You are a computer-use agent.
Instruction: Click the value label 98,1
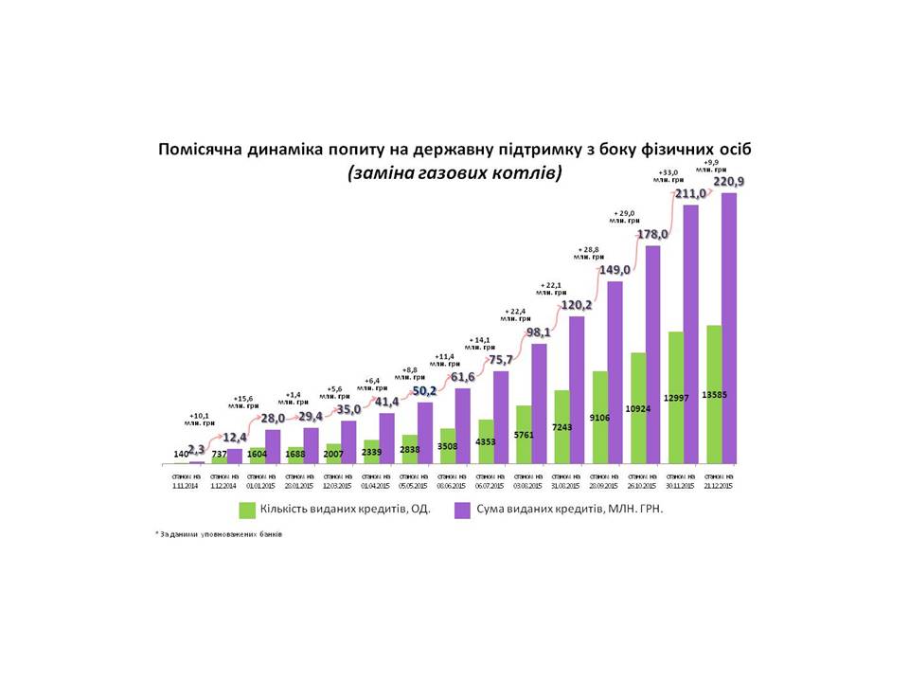click(540, 332)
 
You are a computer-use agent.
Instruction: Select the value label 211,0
click(689, 194)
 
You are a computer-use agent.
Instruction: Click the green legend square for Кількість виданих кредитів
click(247, 510)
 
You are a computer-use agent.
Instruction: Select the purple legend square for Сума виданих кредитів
click(463, 510)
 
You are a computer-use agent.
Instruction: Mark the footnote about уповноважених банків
click(219, 534)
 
